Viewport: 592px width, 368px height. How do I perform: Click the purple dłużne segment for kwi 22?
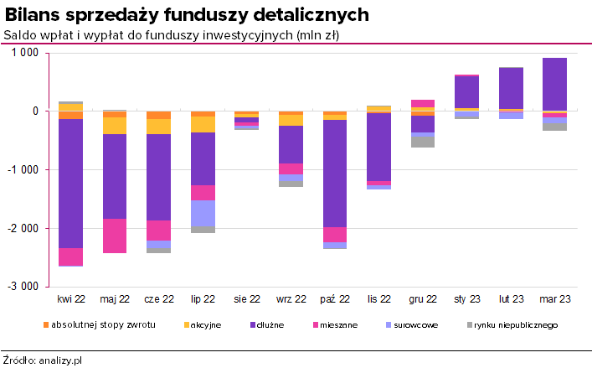pyautogui.click(x=70, y=183)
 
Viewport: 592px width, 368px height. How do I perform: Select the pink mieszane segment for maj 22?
pyautogui.click(x=115, y=236)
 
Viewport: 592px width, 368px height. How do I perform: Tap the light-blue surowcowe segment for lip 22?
pyautogui.click(x=203, y=213)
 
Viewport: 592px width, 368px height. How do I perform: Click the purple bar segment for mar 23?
pyautogui.click(x=554, y=84)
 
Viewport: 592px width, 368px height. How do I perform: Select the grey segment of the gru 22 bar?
pyautogui.click(x=423, y=142)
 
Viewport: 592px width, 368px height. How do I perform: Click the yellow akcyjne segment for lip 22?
pyautogui.click(x=203, y=124)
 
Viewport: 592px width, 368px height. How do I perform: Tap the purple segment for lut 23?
pyautogui.click(x=511, y=88)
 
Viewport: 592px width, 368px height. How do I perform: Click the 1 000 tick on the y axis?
pyautogui.click(x=25, y=53)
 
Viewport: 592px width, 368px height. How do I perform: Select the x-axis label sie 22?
pyautogui.click(x=246, y=298)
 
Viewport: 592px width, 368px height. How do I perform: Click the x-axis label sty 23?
pyautogui.click(x=466, y=298)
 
